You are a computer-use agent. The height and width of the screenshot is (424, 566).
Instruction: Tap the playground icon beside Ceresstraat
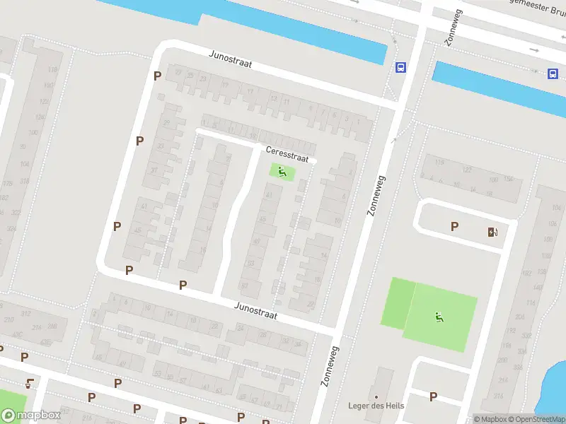[x=282, y=171]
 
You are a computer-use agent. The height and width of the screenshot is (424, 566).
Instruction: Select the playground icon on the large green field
[x=439, y=317]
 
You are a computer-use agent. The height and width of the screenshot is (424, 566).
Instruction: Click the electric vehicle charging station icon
[x=492, y=232]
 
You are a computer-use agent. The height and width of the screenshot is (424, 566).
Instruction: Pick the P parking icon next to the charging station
[x=454, y=226]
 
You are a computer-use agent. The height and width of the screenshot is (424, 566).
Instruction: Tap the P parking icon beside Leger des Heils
[x=433, y=396]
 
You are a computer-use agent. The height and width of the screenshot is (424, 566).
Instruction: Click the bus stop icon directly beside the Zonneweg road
[x=400, y=68]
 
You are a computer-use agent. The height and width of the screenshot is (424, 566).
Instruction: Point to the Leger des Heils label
[x=376, y=406]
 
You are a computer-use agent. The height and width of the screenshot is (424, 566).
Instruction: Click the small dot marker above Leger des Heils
[x=376, y=396]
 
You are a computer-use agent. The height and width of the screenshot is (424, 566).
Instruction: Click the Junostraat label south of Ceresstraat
[x=256, y=309]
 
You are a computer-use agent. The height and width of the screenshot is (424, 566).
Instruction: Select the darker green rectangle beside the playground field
[x=398, y=303]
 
